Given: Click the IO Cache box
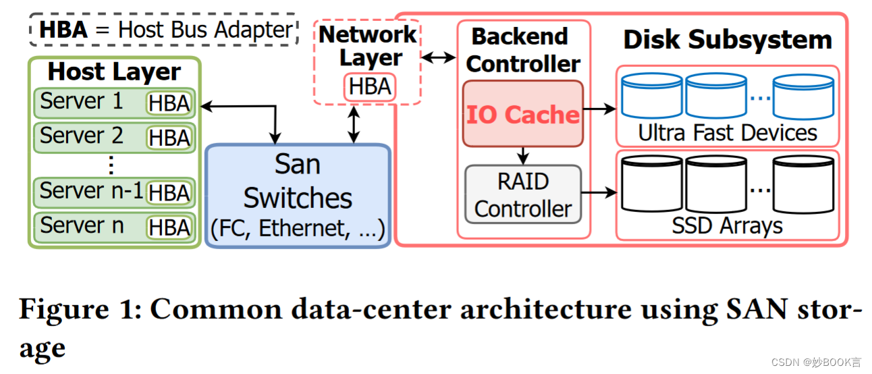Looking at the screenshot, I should [x=522, y=113].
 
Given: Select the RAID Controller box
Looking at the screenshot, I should [x=522, y=194].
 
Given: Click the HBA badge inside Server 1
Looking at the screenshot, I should [x=169, y=104].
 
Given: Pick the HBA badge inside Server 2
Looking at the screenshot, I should [x=169, y=138].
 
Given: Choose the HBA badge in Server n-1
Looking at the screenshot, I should [x=169, y=193].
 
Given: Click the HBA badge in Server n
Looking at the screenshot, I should [x=169, y=227].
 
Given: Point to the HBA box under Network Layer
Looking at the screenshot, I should [x=370, y=87].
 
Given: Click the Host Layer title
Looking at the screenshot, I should [x=114, y=72].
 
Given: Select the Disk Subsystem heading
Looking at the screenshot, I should [x=727, y=40].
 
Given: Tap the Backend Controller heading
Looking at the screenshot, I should [x=523, y=50].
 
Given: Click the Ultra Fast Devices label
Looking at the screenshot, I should [x=727, y=133].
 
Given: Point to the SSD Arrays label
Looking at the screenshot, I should [x=727, y=225].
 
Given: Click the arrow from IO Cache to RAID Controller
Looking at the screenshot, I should [x=522, y=156].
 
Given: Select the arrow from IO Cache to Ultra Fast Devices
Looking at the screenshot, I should [x=599, y=108].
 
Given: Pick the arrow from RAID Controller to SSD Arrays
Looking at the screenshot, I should [x=599, y=193].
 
